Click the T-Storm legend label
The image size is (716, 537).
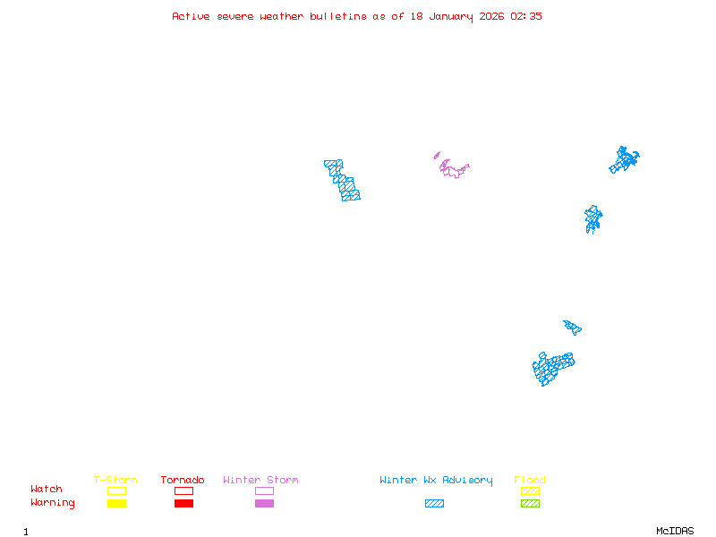coord(115,481)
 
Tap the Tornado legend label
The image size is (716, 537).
coord(183,481)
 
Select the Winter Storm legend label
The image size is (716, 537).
coord(260,481)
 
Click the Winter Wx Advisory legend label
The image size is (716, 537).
coord(436,481)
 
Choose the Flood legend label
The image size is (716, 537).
coord(530,481)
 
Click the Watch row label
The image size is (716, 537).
coord(47,490)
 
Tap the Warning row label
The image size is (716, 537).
coord(53,503)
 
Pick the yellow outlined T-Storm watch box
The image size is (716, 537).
coord(116,490)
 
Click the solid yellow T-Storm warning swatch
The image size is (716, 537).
coord(116,504)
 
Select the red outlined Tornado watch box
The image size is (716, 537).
coord(183,490)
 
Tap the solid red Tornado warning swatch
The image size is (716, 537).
coord(183,504)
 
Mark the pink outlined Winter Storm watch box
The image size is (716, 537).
coord(264,490)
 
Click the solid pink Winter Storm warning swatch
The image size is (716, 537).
coord(264,504)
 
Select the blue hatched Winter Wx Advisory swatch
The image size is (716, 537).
coord(434,504)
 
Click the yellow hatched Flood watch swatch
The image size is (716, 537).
coord(530,490)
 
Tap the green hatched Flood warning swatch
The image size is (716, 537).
coord(530,504)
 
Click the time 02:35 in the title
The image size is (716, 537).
coord(526,16)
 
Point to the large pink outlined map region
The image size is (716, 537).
coord(454,169)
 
